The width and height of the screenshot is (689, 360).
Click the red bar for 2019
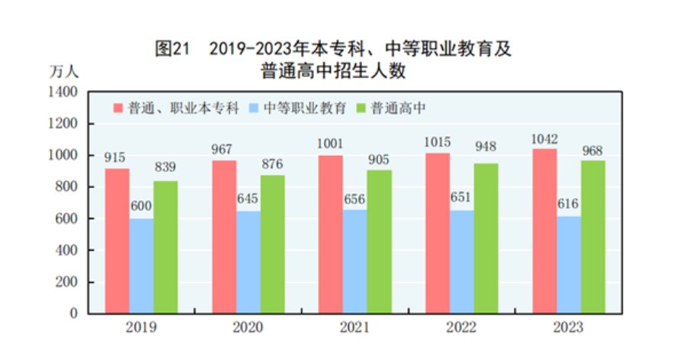118,241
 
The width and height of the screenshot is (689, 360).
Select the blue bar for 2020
248,262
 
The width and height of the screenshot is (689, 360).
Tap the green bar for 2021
379,242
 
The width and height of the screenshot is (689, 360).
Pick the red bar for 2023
545,231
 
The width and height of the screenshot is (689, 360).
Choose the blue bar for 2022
462,261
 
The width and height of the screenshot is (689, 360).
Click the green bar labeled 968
593,236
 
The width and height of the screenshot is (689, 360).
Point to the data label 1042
545,139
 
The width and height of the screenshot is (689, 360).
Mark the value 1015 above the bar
438,143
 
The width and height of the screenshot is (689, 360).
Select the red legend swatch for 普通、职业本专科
119,108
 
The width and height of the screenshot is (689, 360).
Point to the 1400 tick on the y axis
63,92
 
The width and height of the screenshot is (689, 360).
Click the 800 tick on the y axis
67,186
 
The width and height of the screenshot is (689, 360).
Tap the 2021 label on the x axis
355,328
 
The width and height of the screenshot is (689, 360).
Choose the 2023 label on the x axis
569,328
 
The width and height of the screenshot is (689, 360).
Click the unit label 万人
64,73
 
